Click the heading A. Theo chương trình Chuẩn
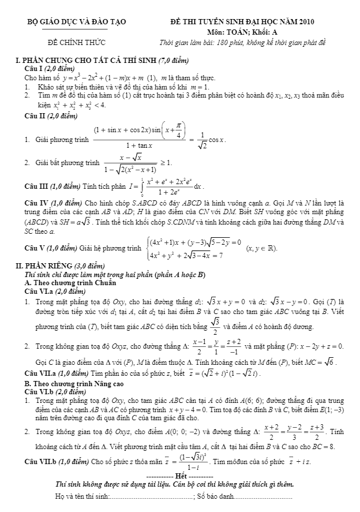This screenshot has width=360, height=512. click(70, 283)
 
